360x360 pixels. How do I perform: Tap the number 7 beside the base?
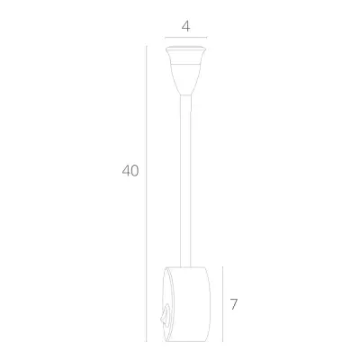click(233, 303)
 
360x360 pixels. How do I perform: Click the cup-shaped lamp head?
click(185, 67)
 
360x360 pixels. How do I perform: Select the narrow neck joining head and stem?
click(185, 90)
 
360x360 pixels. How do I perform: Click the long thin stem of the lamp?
click(185, 180)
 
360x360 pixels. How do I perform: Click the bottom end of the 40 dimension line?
click(147, 340)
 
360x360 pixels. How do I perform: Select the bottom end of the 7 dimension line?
click(221, 340)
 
